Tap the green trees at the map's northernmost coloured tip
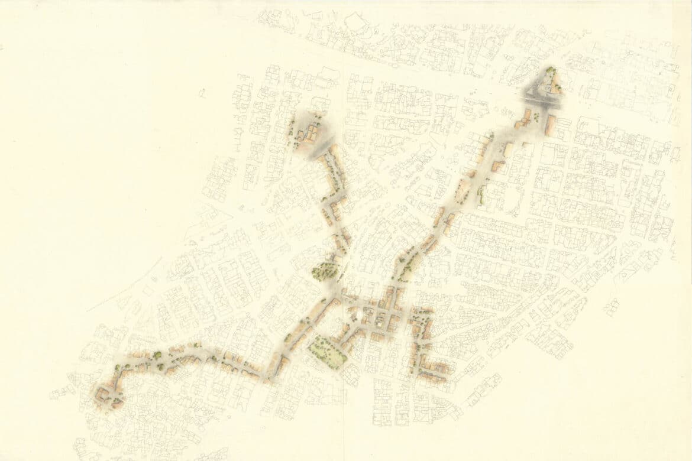(552, 72)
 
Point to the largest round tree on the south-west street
(157, 355)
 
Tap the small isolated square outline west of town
(202, 92)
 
